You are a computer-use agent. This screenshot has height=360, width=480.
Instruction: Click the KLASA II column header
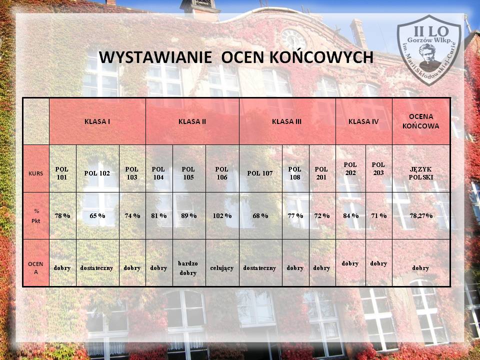tap(192, 121)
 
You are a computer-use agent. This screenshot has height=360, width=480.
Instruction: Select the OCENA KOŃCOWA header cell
tap(421, 121)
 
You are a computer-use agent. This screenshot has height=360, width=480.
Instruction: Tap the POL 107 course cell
tap(260, 173)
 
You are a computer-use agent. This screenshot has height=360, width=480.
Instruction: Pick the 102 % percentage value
tap(222, 216)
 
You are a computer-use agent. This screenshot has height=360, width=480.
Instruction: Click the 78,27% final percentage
tap(421, 216)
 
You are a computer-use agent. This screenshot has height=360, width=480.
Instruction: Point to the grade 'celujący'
tap(222, 268)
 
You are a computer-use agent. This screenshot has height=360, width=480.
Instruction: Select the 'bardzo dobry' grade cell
tap(188, 268)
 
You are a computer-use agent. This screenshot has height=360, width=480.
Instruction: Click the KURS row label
tap(36, 173)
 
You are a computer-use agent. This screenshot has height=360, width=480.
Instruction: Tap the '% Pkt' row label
tap(36, 216)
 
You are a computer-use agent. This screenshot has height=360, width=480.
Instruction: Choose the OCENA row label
tap(36, 268)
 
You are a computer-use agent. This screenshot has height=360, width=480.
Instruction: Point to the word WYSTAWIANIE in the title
tap(155, 57)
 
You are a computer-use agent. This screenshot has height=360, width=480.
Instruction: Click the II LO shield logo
tap(429, 50)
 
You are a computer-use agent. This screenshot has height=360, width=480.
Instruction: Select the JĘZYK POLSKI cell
tap(421, 173)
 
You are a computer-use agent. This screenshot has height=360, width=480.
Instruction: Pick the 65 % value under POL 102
tap(97, 216)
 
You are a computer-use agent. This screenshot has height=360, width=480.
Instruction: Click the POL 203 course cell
tap(378, 168)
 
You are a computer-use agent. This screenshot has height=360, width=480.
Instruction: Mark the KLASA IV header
tap(363, 121)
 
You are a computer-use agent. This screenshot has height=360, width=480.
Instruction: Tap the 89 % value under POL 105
tap(189, 216)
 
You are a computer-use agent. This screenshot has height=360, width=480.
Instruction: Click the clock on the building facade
tap(293, 39)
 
